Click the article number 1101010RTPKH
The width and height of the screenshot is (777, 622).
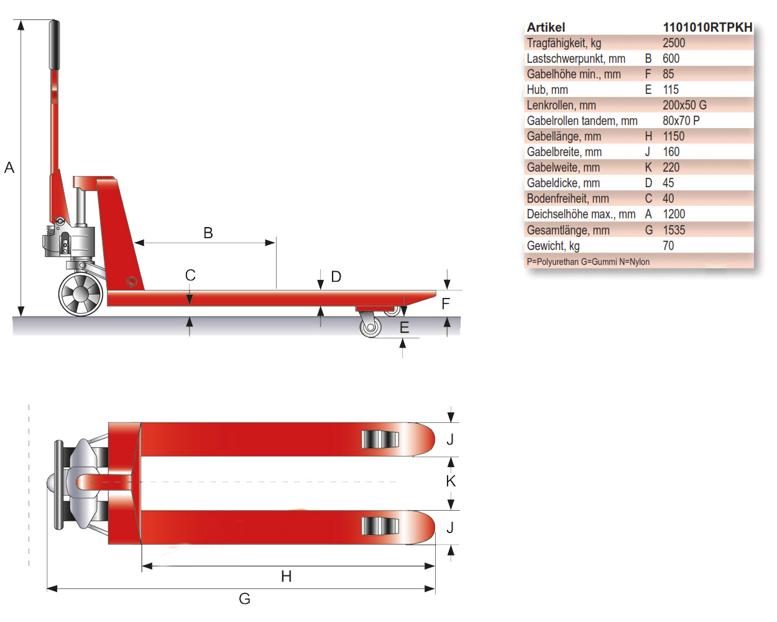(x=707, y=27)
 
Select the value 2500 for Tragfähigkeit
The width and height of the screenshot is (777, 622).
(x=674, y=43)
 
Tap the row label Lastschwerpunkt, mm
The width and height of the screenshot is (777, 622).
(x=576, y=58)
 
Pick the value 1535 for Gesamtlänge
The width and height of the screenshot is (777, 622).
(x=674, y=230)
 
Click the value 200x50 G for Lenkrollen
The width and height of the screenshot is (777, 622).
(x=684, y=105)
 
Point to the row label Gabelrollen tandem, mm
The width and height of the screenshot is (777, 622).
(x=582, y=121)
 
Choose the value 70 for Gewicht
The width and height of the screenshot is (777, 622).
(x=668, y=246)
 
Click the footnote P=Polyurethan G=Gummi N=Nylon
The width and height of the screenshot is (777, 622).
(x=588, y=262)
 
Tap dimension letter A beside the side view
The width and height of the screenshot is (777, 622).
(x=9, y=167)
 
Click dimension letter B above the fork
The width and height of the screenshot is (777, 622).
(x=208, y=233)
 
